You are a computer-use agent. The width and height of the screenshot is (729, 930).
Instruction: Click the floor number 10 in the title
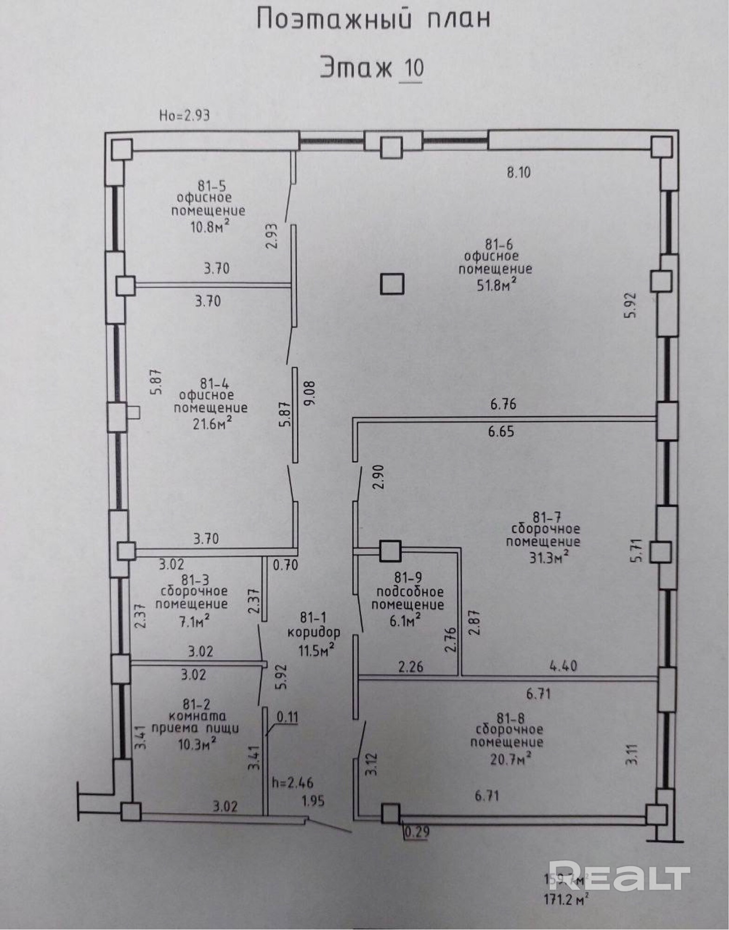pyautogui.click(x=411, y=68)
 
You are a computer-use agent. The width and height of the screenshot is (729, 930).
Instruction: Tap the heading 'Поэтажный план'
pyautogui.click(x=373, y=20)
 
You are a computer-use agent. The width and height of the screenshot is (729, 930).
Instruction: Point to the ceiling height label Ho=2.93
pyautogui.click(x=184, y=115)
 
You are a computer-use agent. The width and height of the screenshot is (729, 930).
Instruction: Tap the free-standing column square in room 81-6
pyautogui.click(x=392, y=284)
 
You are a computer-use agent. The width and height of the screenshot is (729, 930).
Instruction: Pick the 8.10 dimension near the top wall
pyautogui.click(x=518, y=173)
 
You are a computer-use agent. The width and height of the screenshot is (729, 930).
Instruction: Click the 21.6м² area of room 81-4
pyautogui.click(x=210, y=423)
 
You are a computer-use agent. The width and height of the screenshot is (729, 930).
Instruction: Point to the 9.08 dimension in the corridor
pyautogui.click(x=309, y=393)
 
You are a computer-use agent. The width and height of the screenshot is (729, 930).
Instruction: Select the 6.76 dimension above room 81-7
pyautogui.click(x=503, y=404)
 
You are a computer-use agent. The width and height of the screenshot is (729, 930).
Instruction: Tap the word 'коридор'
pyautogui.click(x=314, y=632)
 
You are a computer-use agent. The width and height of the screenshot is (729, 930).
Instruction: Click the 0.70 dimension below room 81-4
pyautogui.click(x=285, y=565)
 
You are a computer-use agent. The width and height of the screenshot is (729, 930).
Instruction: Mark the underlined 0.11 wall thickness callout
pyautogui.click(x=287, y=716)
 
